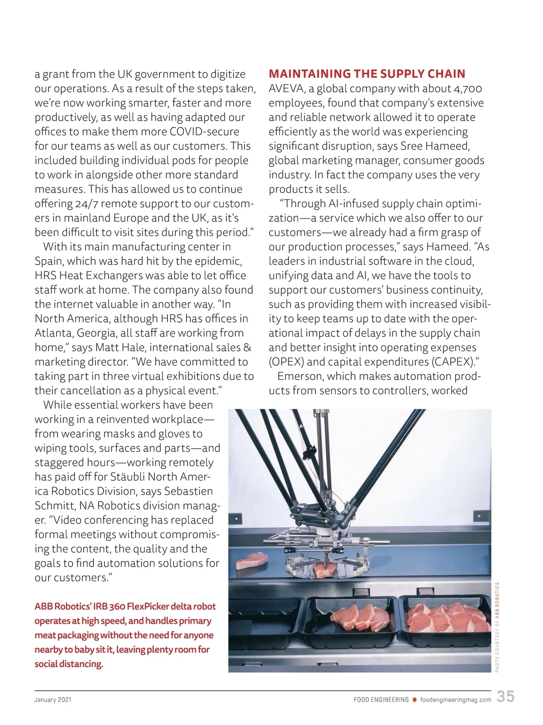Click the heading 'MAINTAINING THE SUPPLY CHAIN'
[x=367, y=74]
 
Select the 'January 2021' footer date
[x=53, y=700]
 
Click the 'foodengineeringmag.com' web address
[x=456, y=700]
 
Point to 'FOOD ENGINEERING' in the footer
[x=381, y=700]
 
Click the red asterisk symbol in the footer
[x=414, y=700]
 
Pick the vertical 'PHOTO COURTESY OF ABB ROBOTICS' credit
[x=497, y=627]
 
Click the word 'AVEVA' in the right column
[x=287, y=89]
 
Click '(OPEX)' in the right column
[x=286, y=362]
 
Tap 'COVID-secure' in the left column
[x=204, y=132]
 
